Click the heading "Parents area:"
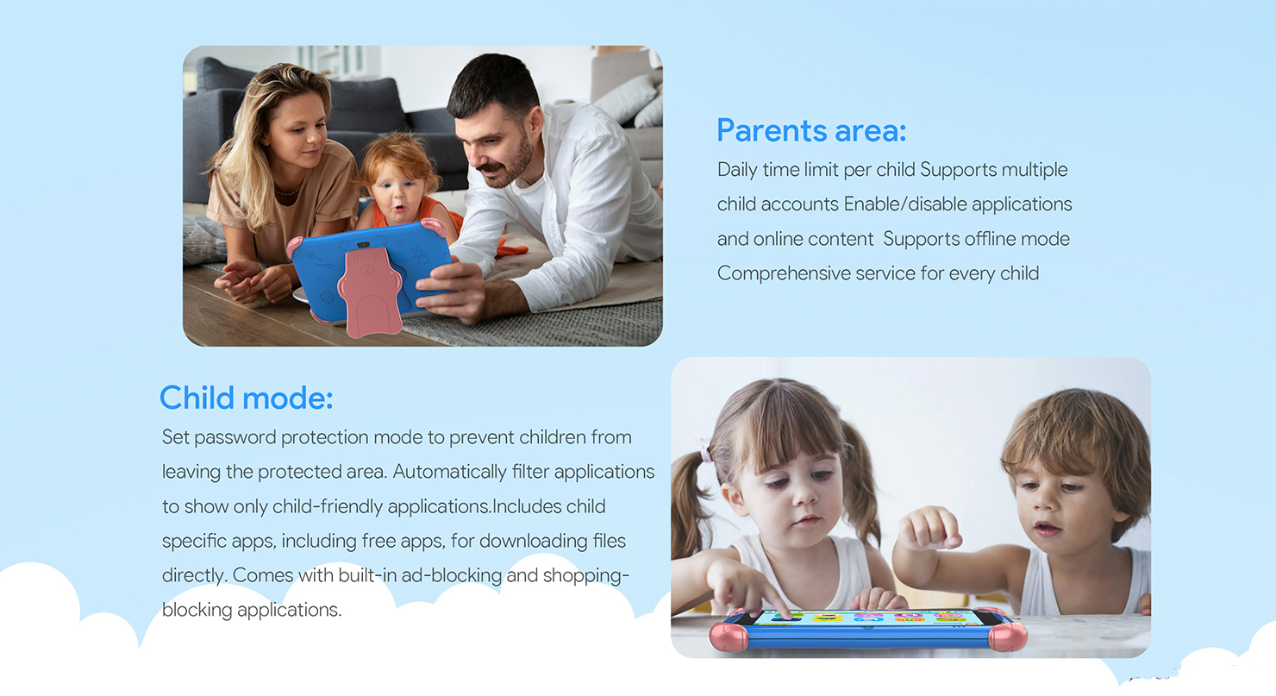point(811,130)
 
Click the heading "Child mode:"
point(246,398)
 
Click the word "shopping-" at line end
point(585,576)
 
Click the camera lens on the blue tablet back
point(363,245)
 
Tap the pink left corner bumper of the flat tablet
point(729,636)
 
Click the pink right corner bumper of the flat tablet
point(1008,636)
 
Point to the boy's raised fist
point(929,528)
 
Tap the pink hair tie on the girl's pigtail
point(706,451)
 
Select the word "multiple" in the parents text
point(1035,170)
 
